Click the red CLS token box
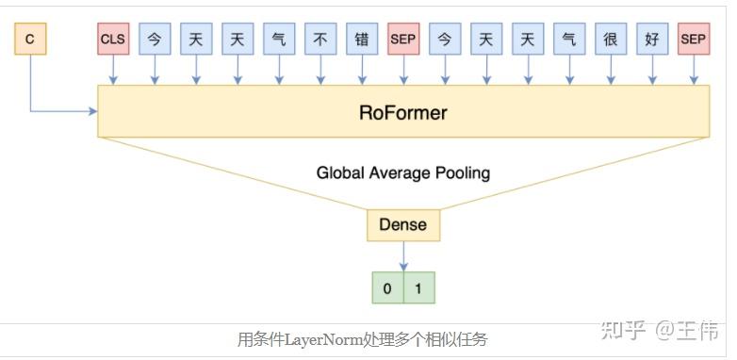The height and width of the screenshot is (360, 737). click(113, 40)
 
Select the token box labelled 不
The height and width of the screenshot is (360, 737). click(320, 40)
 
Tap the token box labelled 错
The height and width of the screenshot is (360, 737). click(362, 40)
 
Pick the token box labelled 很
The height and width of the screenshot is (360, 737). click(610, 40)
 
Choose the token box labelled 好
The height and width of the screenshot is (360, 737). click(651, 40)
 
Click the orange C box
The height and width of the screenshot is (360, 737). click(30, 40)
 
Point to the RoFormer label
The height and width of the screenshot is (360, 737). click(402, 112)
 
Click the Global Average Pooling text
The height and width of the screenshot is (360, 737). click(402, 173)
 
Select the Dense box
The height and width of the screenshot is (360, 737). click(402, 224)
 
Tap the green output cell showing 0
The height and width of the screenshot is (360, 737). click(387, 288)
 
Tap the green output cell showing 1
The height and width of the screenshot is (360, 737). click(418, 288)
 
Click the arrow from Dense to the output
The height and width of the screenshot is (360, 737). click(403, 256)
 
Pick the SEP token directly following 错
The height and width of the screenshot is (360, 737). click(402, 40)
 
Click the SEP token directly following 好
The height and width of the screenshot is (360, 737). click(693, 40)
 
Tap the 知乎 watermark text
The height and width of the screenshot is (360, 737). click(624, 331)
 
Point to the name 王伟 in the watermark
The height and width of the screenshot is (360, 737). click(698, 331)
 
